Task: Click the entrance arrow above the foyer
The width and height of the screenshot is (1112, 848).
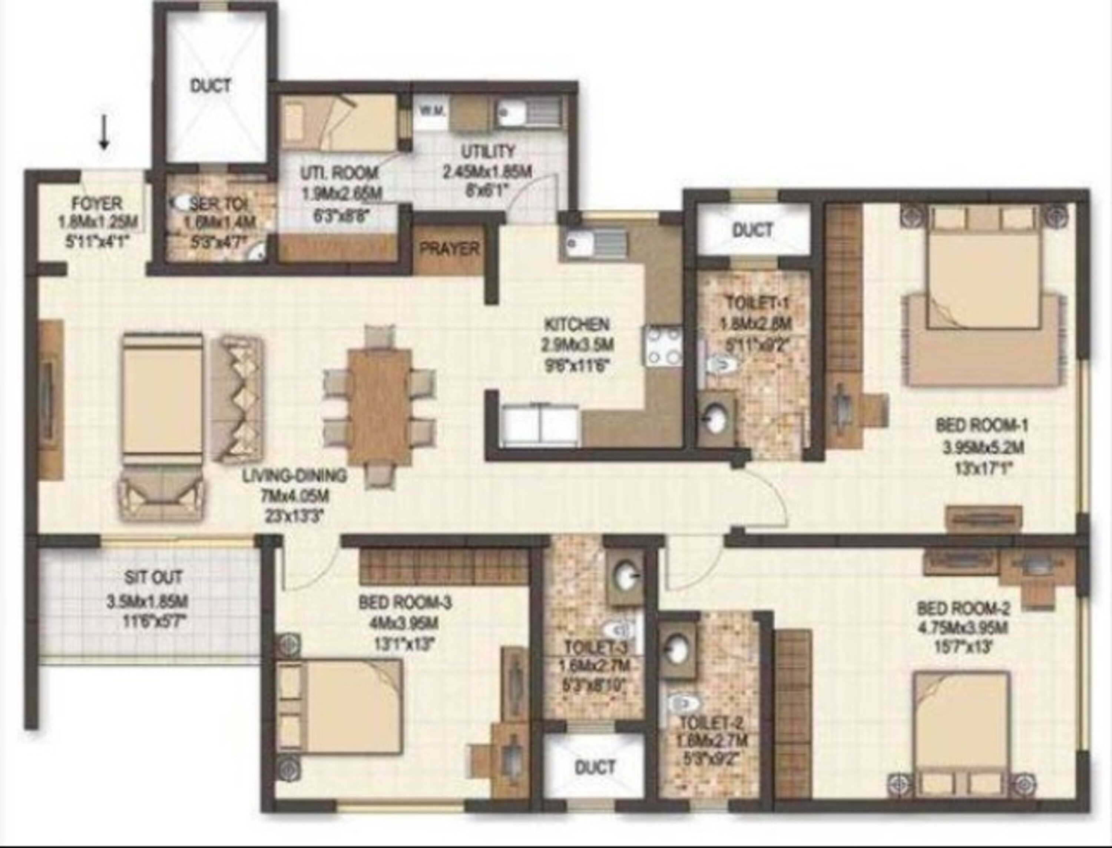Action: [x=105, y=138]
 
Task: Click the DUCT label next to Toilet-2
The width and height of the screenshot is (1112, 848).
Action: [x=595, y=768]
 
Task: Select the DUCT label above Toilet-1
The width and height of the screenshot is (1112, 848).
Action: [x=752, y=230]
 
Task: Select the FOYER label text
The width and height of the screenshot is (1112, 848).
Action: [x=97, y=204]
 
